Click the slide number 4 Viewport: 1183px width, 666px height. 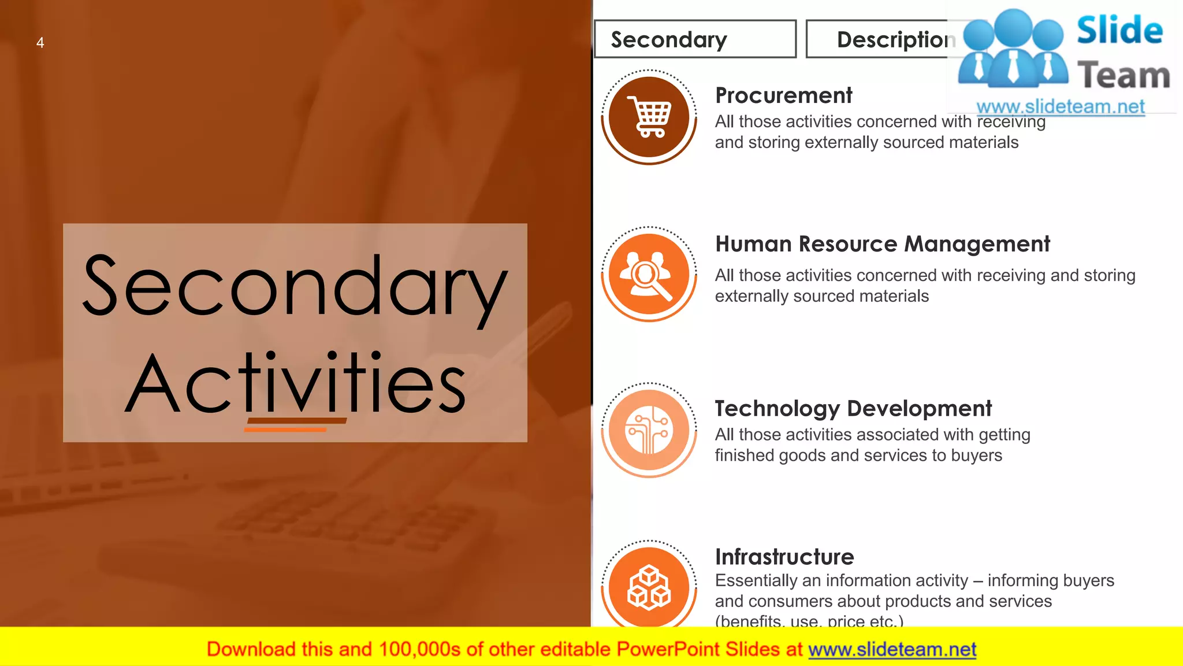pos(40,43)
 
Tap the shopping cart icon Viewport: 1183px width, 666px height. pos(649,117)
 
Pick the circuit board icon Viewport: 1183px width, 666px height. pos(649,430)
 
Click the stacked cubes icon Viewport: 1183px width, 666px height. pos(649,587)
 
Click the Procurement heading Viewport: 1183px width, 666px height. pos(783,96)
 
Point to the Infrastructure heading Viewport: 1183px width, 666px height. pos(784,557)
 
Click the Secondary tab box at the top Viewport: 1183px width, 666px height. pos(695,39)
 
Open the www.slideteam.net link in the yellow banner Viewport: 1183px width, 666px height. pos(892,650)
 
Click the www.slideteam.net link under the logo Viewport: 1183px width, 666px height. pos(1060,107)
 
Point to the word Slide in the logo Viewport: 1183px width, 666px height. pos(1119,31)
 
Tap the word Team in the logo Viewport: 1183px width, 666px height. pos(1124,76)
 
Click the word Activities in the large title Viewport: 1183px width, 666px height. pos(295,384)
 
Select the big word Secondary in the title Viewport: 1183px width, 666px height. pos(295,286)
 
